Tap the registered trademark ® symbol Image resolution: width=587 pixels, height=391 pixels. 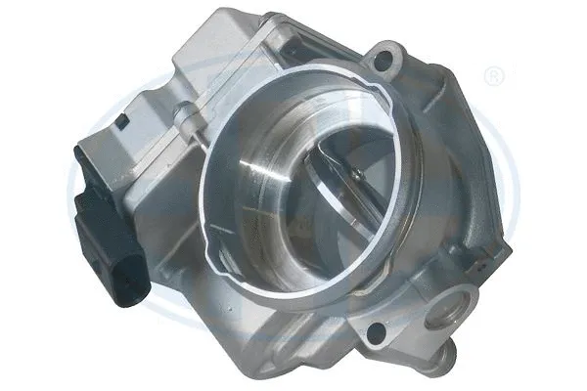tap(496, 74)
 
